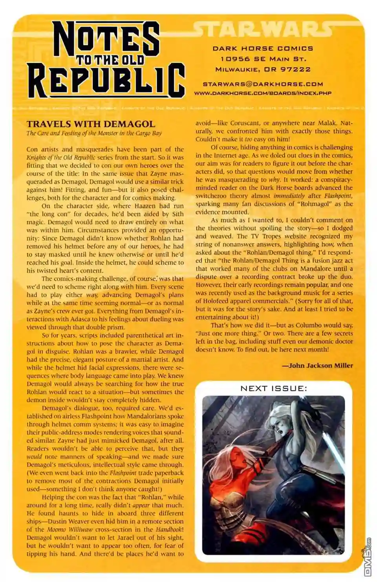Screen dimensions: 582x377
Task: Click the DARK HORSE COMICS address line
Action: [263, 48]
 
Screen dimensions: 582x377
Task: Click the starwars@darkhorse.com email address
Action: [263, 84]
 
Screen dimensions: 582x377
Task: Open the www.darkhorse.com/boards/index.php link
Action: [263, 93]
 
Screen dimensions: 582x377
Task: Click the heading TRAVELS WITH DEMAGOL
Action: [91, 124]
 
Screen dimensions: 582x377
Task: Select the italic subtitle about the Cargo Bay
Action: [94, 133]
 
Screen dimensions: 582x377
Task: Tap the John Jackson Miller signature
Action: [320, 365]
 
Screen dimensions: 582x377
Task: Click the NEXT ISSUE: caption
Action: [274, 388]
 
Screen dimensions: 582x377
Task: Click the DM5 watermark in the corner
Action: [368, 558]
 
